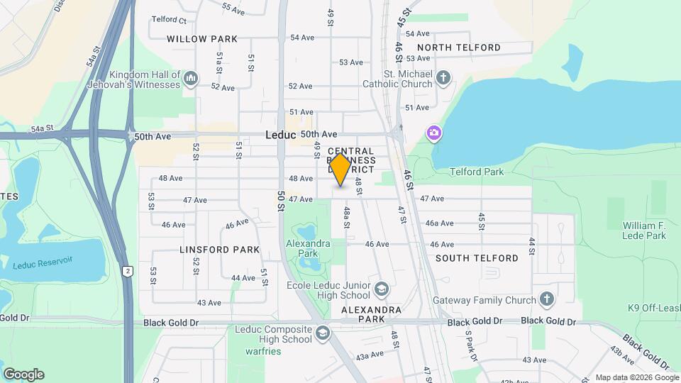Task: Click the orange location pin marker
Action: pyautogui.click(x=340, y=170)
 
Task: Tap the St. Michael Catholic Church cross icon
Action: pyautogui.click(x=443, y=77)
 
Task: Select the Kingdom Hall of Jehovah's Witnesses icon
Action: pyautogui.click(x=190, y=78)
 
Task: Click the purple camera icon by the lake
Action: pyautogui.click(x=433, y=133)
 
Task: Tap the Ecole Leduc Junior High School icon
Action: pyautogui.click(x=382, y=289)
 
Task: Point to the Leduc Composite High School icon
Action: pyautogui.click(x=323, y=333)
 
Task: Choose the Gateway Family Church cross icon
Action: pyautogui.click(x=546, y=299)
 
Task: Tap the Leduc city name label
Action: pyautogui.click(x=280, y=134)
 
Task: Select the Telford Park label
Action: pyautogui.click(x=477, y=172)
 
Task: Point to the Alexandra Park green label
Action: pyautogui.click(x=307, y=248)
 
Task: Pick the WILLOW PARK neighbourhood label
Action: pyautogui.click(x=202, y=39)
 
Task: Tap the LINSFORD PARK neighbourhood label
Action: pyautogui.click(x=219, y=250)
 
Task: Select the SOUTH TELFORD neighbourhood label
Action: pyautogui.click(x=477, y=258)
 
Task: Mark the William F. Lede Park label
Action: pyautogui.click(x=644, y=230)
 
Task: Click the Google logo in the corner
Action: pyautogui.click(x=23, y=374)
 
